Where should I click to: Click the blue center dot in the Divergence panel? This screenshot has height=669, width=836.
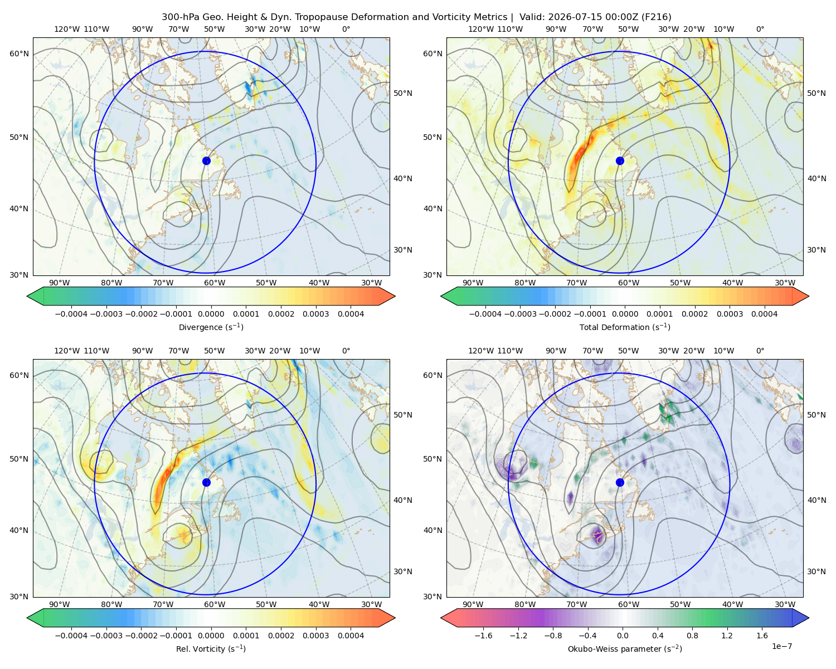[206, 161]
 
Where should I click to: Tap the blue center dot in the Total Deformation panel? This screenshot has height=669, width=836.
[620, 161]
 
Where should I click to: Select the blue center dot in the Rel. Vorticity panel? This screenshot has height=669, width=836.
[206, 482]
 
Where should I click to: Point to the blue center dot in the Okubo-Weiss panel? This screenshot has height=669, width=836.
[620, 482]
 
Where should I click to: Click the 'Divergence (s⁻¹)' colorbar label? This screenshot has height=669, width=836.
[211, 327]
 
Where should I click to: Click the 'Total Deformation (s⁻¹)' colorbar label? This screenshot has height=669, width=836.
[625, 327]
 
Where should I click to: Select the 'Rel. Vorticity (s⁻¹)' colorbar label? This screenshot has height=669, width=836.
[211, 648]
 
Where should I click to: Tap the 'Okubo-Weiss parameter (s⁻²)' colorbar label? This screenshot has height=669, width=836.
[625, 648]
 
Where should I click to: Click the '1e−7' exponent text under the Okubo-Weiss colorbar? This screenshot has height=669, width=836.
[781, 646]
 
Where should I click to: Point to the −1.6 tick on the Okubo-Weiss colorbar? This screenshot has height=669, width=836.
[483, 635]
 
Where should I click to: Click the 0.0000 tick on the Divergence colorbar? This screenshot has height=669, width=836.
[211, 314]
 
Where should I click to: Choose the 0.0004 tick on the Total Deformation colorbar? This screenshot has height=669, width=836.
[764, 314]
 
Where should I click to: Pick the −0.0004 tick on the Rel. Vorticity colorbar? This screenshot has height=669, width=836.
[71, 635]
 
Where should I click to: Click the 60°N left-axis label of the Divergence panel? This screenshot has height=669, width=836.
[19, 54]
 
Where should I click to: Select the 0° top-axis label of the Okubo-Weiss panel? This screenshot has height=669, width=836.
[760, 351]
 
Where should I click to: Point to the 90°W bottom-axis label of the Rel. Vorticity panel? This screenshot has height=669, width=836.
[60, 604]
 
